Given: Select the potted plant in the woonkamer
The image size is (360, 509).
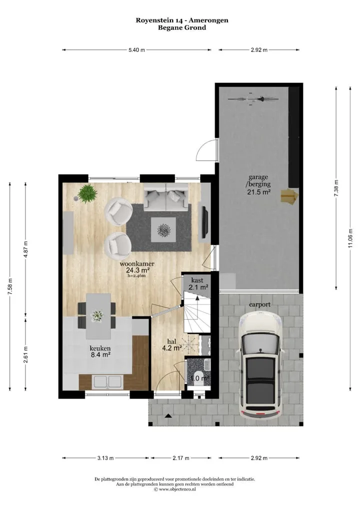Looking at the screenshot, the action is (87, 193).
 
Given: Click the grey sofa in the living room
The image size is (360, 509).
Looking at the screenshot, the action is (166, 196).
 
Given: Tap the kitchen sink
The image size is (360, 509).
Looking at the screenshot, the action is (108, 382).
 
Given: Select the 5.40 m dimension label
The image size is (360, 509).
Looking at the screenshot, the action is (136, 50).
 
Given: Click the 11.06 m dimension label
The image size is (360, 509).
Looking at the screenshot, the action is (350, 240).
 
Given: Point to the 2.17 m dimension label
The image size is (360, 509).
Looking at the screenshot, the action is (181, 458).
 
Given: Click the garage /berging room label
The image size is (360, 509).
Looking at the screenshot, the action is (258, 184).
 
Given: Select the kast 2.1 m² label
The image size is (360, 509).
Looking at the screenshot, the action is (197, 283).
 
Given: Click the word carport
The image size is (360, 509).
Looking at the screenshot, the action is (259, 304).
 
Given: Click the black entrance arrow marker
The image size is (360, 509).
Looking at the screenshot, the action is (168, 415).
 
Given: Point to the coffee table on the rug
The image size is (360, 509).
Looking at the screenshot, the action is (163, 229).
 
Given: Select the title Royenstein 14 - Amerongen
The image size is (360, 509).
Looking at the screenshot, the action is (182, 20).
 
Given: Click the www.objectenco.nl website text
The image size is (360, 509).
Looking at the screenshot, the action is (177, 489).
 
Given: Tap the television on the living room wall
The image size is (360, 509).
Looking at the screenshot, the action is (205, 222).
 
